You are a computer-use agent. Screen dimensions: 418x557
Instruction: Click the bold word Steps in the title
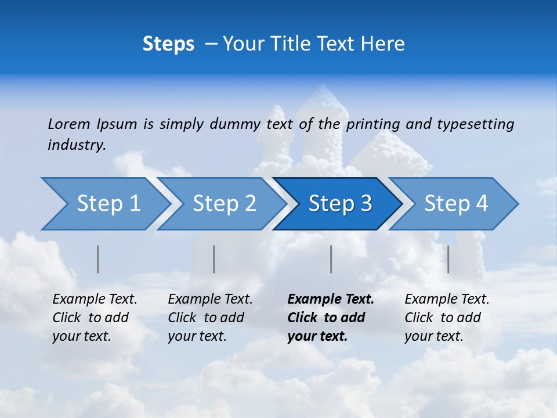point(168,44)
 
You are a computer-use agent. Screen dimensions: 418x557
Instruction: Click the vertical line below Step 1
point(98,259)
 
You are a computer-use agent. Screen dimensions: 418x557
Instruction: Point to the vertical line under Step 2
point(214,259)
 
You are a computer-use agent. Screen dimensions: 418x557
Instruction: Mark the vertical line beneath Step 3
point(331,259)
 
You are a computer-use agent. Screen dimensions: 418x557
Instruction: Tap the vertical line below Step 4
point(449,259)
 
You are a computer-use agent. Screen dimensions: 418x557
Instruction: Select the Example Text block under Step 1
point(95,318)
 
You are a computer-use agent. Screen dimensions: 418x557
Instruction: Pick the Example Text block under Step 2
point(210,318)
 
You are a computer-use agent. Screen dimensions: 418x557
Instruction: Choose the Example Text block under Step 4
point(447,318)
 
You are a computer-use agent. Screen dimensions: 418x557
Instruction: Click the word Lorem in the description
point(69,124)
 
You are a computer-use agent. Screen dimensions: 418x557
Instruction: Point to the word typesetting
point(475,124)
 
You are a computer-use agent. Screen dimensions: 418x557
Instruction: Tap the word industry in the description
point(77,145)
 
